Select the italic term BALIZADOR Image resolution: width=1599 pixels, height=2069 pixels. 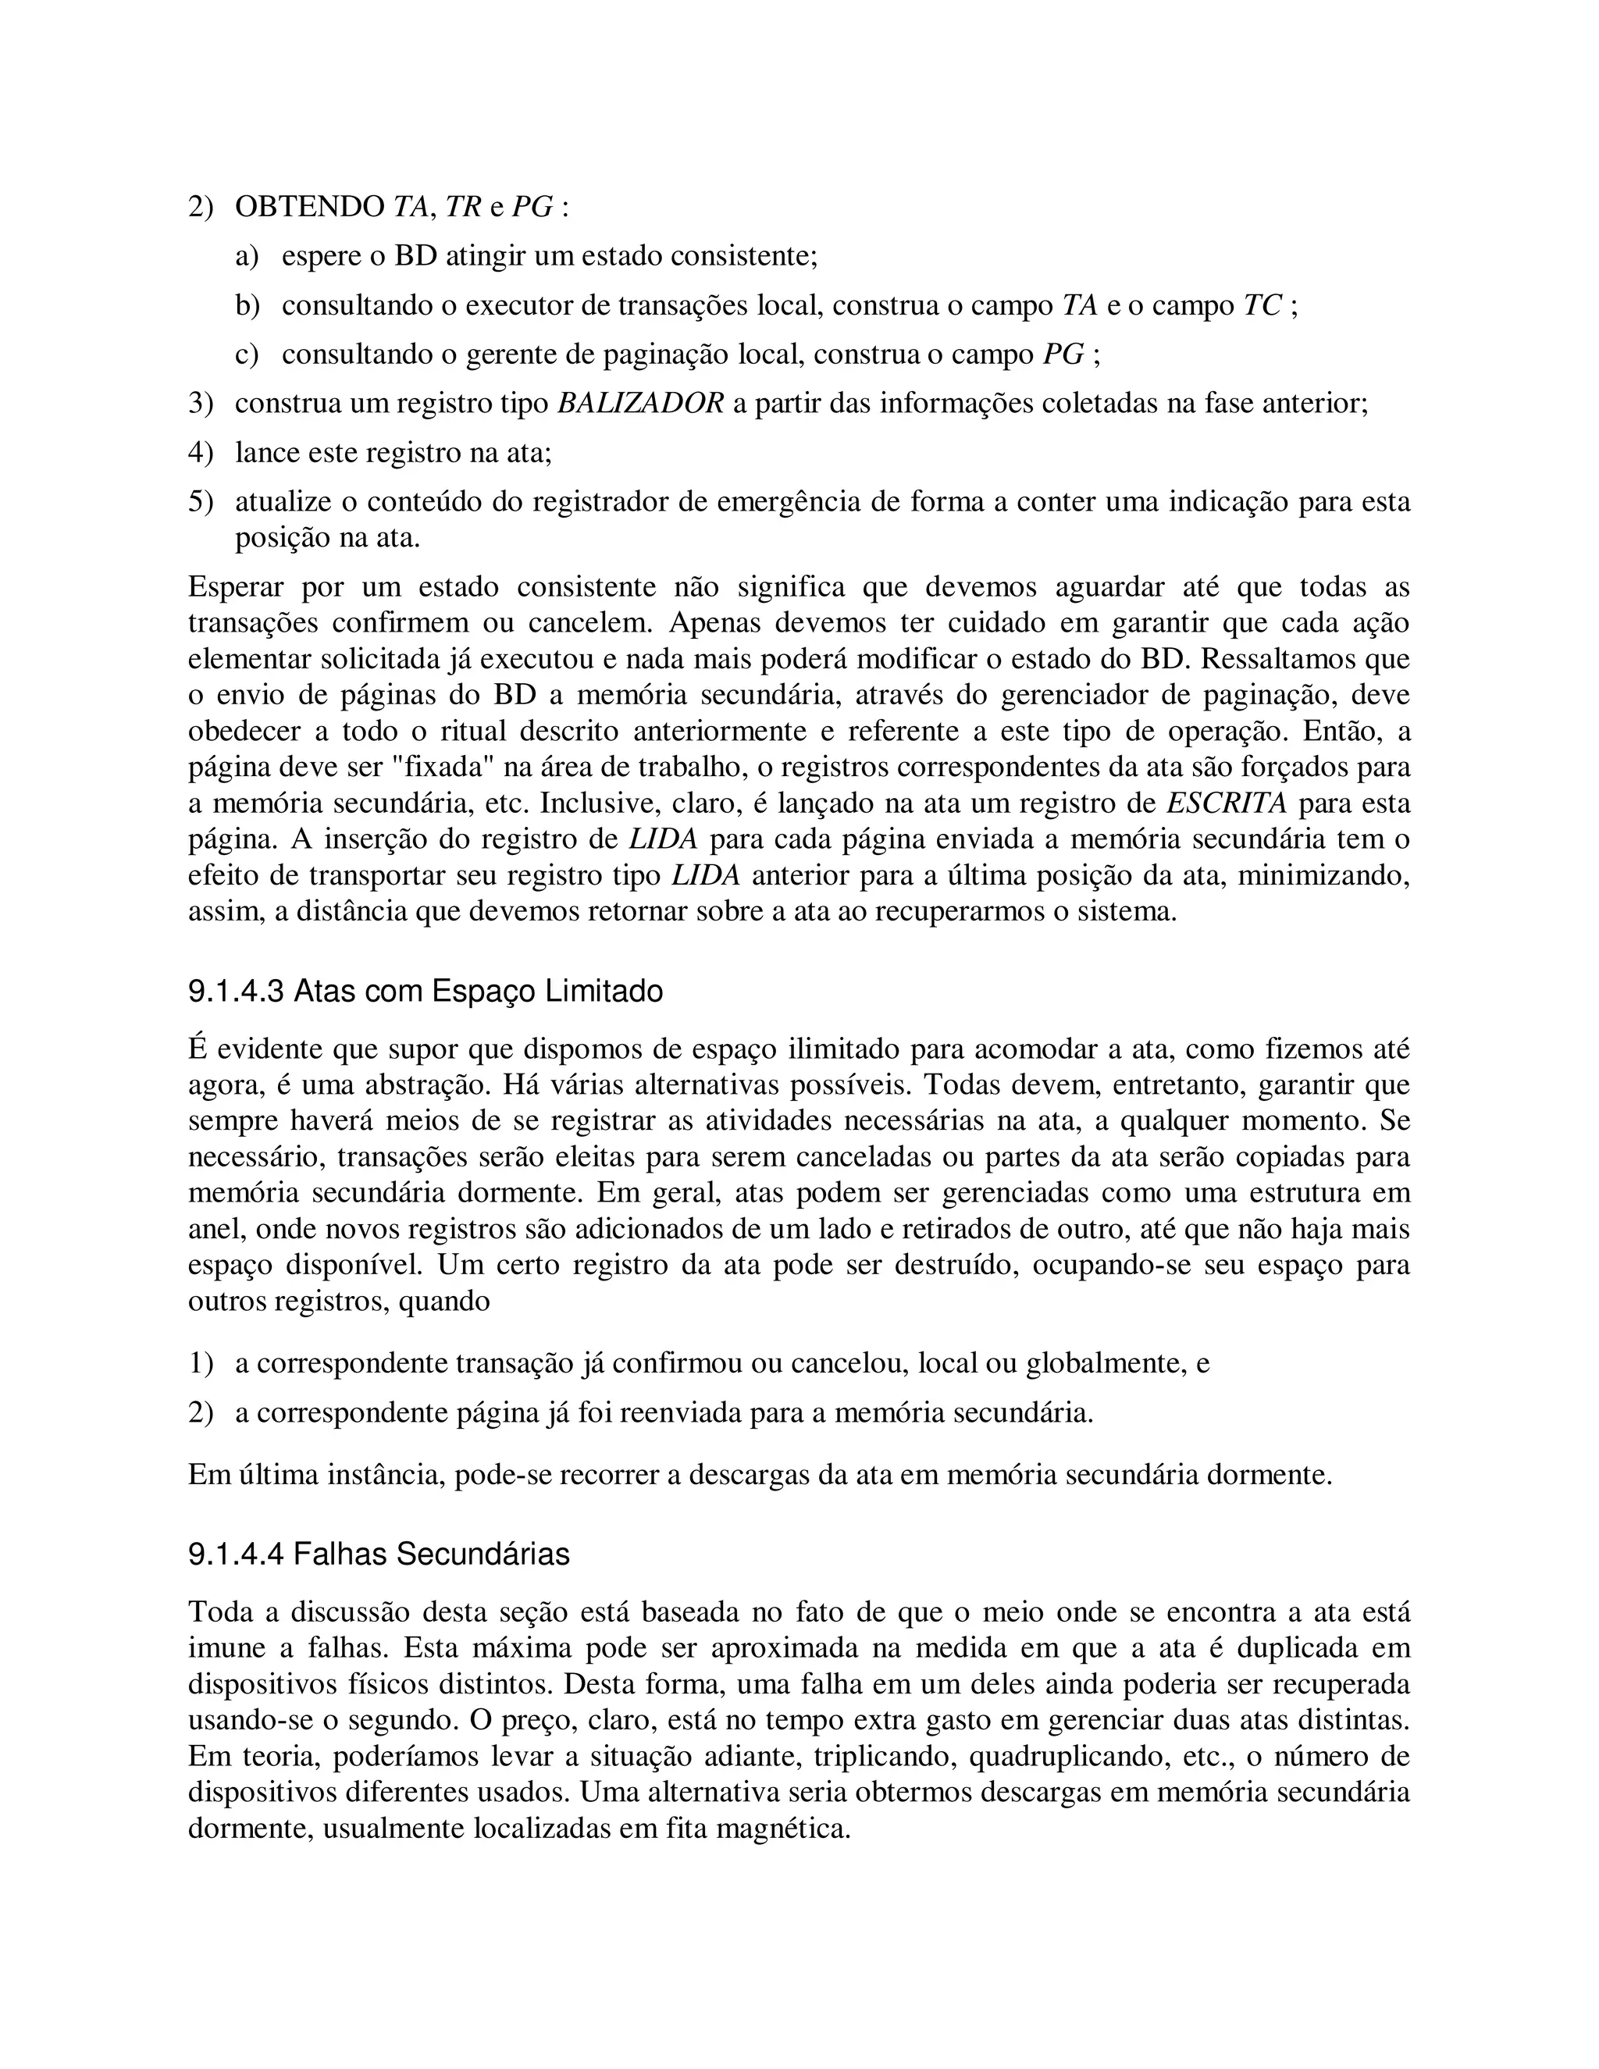point(639,404)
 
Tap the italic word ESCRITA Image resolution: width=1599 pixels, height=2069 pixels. point(1226,803)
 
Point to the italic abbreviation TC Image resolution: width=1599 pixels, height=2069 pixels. point(1262,306)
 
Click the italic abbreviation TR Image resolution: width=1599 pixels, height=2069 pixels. point(463,208)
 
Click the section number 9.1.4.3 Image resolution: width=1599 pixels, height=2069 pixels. point(235,992)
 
